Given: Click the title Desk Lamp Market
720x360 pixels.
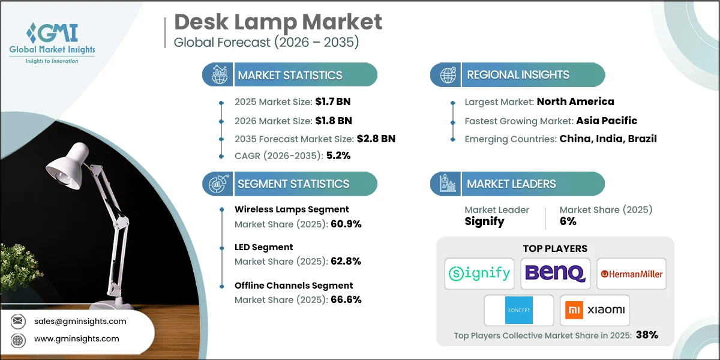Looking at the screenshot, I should click(x=278, y=22).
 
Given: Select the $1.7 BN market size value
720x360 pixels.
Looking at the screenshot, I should click(x=330, y=102).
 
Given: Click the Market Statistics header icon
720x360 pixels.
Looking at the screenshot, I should click(x=218, y=75).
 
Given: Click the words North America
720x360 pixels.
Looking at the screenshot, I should click(x=575, y=102).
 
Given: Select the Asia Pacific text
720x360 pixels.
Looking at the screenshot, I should click(x=606, y=121).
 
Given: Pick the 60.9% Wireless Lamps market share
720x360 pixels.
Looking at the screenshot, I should click(x=346, y=224).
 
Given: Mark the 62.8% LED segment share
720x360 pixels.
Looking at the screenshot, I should click(x=346, y=262).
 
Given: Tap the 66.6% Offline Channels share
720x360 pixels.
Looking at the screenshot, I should click(x=346, y=299).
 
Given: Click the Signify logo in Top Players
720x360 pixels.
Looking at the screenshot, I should click(x=479, y=274).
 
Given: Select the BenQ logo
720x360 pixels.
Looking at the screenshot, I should click(x=555, y=274).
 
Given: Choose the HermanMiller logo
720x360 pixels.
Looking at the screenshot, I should click(x=631, y=274).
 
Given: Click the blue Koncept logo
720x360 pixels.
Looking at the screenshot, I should click(x=518, y=310).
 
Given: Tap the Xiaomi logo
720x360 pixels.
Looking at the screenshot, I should click(x=595, y=310).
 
